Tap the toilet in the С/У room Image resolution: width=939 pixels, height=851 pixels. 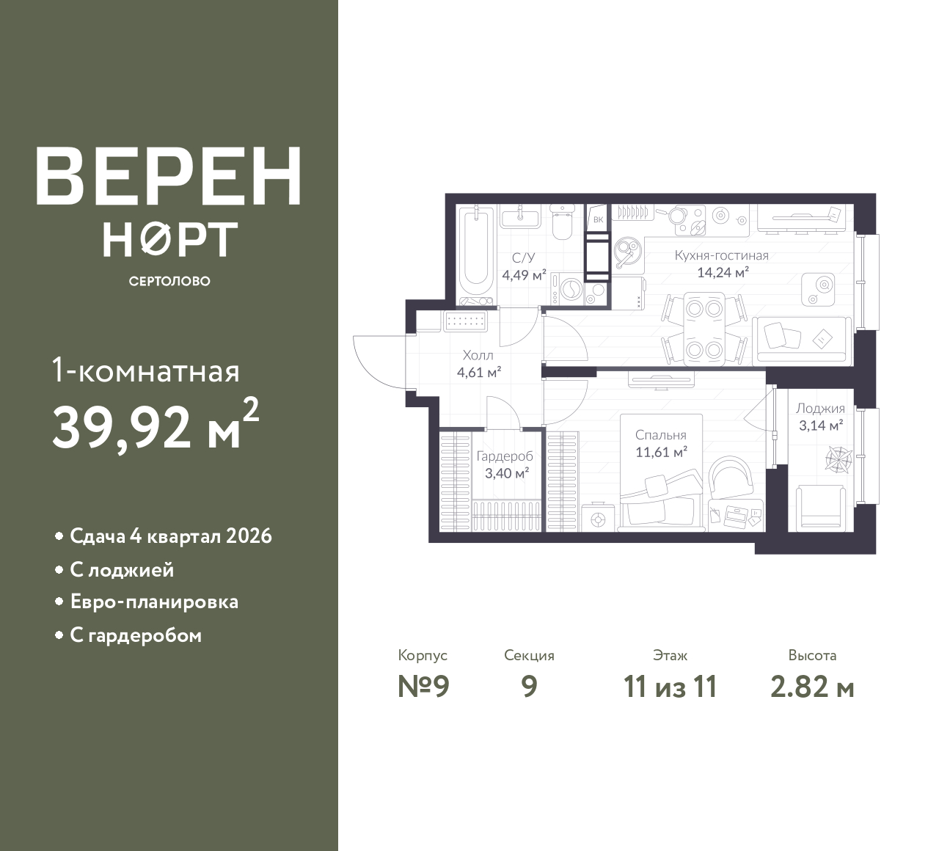(561, 222)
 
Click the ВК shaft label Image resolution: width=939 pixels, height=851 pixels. (598, 219)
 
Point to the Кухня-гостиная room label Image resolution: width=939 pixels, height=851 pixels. (721, 255)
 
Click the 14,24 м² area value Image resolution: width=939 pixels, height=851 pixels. (723, 272)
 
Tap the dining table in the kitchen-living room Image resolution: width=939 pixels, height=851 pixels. (704, 329)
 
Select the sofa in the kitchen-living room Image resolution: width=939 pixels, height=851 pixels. (802, 340)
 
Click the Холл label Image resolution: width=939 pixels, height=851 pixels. (478, 355)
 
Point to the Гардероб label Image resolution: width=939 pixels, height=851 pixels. (505, 456)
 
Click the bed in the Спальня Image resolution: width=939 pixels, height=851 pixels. (662, 472)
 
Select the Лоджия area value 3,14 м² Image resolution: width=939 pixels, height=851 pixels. (821, 426)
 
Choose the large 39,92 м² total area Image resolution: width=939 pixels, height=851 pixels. (156, 425)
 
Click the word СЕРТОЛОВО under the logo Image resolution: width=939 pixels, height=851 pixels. (169, 281)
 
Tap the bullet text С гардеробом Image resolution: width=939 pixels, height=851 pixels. (136, 635)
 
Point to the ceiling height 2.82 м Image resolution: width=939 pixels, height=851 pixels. (812, 687)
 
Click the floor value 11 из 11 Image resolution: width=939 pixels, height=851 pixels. (670, 687)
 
